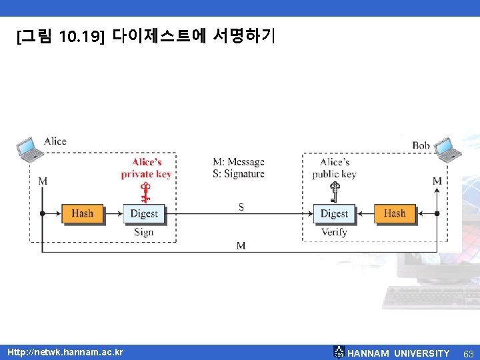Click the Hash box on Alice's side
click(83, 213)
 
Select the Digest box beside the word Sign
click(144, 213)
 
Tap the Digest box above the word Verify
click(334, 213)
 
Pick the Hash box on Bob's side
click(395, 213)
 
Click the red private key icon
click(145, 192)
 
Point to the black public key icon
click(335, 193)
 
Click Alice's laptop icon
click(29, 149)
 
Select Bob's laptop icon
click(449, 149)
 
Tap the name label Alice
click(55, 141)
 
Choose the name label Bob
click(421, 145)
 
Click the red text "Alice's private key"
click(146, 168)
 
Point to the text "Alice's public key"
click(335, 168)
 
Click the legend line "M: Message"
click(238, 162)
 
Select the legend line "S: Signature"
click(238, 174)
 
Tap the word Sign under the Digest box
click(143, 232)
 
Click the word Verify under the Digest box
click(334, 232)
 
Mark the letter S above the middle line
click(241, 207)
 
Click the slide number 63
click(468, 353)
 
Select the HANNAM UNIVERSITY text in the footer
click(399, 353)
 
